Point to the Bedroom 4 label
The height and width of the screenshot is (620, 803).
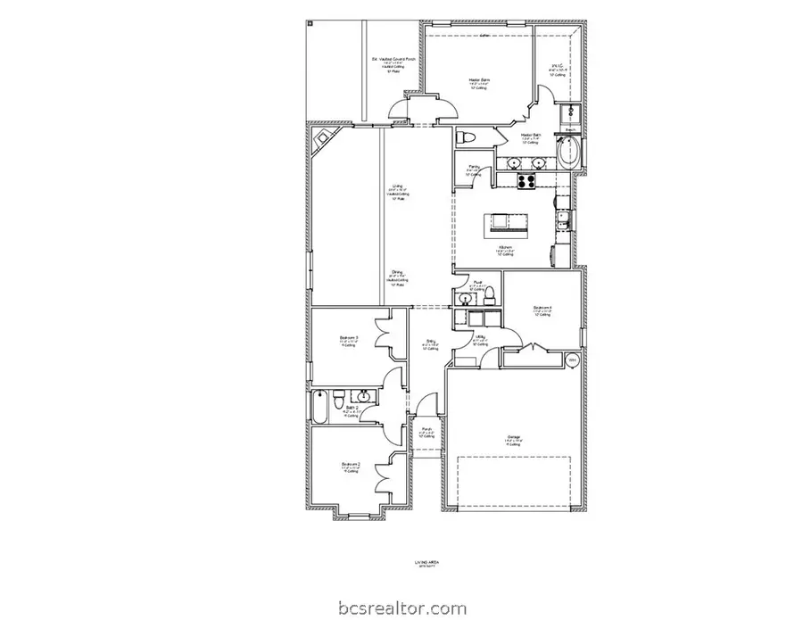click(x=542, y=308)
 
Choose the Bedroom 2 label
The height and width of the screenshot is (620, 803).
click(x=350, y=464)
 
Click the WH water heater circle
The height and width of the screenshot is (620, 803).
click(x=573, y=360)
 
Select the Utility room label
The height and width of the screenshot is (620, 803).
click(x=479, y=336)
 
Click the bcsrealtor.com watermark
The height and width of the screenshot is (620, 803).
click(x=401, y=609)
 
